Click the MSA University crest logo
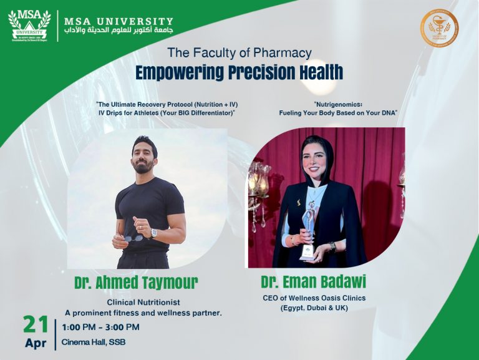(x=29, y=24)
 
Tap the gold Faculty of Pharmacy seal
(x=438, y=28)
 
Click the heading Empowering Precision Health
(x=239, y=72)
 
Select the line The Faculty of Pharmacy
(x=239, y=53)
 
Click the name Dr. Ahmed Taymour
(x=136, y=283)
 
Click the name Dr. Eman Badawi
(x=313, y=282)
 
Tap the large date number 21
(x=35, y=324)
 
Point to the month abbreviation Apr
(x=36, y=343)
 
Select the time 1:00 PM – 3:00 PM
(x=100, y=327)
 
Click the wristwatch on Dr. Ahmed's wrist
(x=153, y=233)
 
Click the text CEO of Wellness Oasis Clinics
(x=314, y=298)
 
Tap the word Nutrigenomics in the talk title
(x=338, y=103)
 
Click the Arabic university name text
(x=119, y=31)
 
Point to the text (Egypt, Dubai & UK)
(x=313, y=308)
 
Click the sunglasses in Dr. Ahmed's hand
(x=133, y=238)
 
